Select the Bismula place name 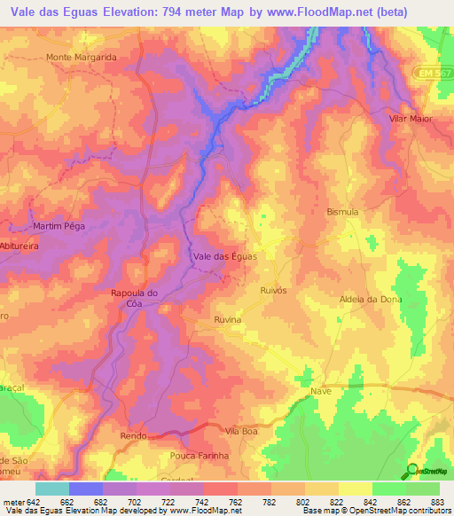[x=342, y=213]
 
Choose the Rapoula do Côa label [x=135, y=298]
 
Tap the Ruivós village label [x=277, y=289]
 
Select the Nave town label [x=321, y=391]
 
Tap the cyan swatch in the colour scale [x=51, y=489]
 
